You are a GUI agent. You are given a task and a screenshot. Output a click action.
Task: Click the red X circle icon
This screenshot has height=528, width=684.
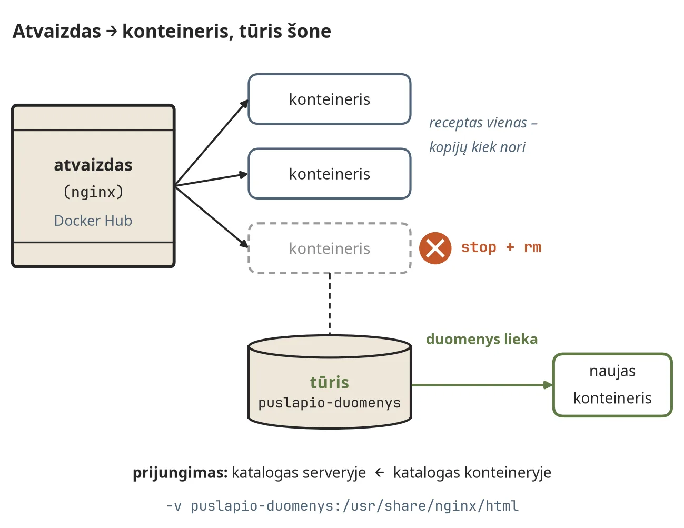point(435,248)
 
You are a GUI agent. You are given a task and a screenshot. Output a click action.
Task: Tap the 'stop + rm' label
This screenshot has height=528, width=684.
point(501,247)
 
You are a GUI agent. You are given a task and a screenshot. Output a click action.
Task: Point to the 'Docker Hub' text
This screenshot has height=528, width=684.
point(93,221)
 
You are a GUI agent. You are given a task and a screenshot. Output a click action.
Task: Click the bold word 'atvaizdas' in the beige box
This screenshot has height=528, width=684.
point(93,165)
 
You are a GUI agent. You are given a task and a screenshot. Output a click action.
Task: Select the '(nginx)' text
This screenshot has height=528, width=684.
point(93,192)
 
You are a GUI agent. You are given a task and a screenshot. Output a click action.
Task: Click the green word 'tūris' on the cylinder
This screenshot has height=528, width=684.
point(330,382)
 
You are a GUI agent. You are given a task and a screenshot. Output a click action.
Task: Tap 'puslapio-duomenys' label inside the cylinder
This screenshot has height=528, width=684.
point(330,403)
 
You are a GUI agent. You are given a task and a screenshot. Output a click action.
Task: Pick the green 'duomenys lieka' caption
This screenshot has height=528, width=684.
point(482,339)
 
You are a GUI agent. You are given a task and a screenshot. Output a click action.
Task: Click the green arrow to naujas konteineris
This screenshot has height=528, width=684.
point(482,385)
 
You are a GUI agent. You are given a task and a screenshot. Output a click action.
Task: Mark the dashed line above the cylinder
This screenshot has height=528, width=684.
point(330,304)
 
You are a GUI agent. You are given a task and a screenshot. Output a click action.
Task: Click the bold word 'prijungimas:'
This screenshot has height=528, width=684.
point(180,473)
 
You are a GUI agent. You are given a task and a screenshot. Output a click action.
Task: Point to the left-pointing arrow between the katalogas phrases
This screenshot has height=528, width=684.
point(380,472)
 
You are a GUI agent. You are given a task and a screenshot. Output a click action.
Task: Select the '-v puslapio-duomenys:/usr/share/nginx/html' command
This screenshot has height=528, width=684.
point(342,506)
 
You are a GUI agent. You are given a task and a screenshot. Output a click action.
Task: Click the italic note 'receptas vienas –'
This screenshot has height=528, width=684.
point(483,123)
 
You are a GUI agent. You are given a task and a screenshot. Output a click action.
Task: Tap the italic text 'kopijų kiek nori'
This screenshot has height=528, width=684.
point(477,147)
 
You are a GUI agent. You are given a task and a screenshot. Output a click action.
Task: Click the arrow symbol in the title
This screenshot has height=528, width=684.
point(112,31)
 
